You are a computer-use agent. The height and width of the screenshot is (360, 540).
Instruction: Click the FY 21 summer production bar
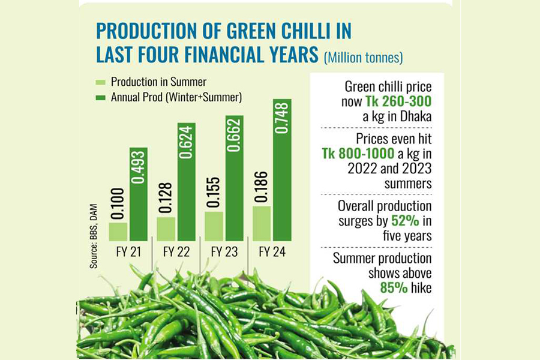[x=118, y=232]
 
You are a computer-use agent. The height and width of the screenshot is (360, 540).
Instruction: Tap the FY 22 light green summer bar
[x=166, y=229]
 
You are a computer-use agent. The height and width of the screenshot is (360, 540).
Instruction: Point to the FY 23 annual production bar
[x=235, y=178]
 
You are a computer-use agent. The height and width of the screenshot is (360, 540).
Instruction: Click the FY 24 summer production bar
[x=262, y=223]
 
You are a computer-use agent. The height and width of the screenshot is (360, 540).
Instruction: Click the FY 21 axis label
[x=128, y=253]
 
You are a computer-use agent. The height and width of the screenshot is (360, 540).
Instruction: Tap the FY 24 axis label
[x=272, y=253]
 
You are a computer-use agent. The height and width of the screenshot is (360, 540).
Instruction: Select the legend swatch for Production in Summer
[x=100, y=82]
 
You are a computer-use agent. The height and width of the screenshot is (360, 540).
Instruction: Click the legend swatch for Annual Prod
[x=100, y=97]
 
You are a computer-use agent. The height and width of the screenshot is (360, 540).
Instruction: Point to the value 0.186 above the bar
[x=262, y=187]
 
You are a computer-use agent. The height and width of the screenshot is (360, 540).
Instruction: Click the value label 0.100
[x=118, y=203]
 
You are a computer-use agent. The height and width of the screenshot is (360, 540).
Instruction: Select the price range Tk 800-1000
[x=358, y=154]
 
